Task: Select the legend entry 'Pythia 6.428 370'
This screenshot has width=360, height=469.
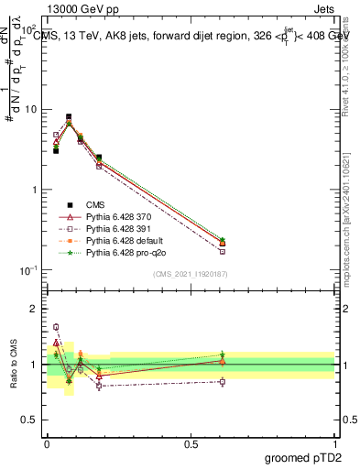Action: point(115,216)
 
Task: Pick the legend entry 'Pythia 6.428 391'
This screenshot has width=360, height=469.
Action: point(115,228)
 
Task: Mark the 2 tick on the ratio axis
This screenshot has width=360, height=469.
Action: point(36,309)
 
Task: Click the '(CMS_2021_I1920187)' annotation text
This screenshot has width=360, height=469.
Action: point(189,274)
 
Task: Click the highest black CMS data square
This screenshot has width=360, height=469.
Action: point(69,117)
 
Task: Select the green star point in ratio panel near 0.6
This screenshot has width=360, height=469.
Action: point(222,354)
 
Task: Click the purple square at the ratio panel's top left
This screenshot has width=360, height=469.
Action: point(56,327)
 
